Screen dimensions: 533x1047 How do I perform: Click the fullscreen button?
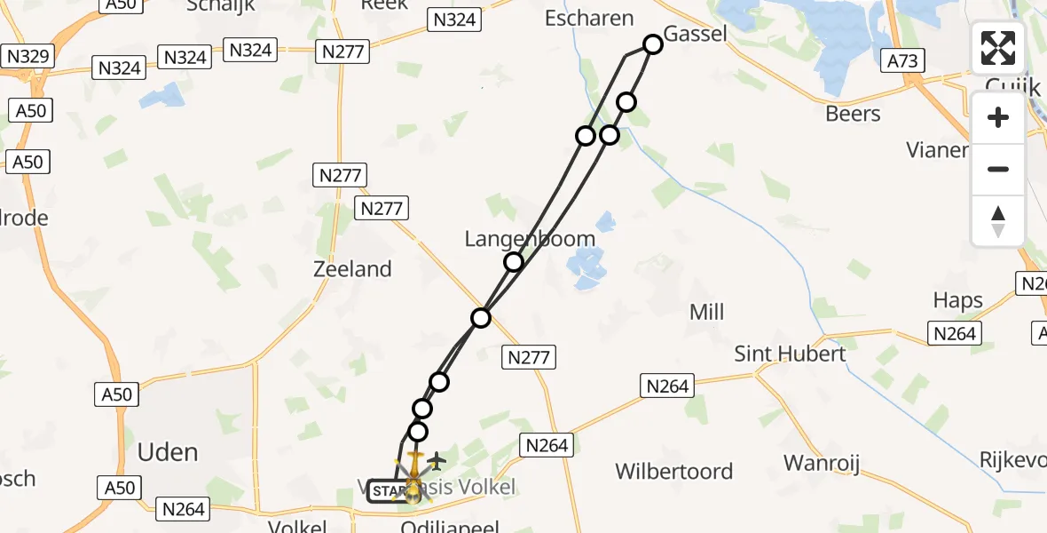click(x=998, y=48)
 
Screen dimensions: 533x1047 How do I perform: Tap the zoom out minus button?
click(x=998, y=169)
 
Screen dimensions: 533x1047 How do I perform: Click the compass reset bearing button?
click(x=998, y=220)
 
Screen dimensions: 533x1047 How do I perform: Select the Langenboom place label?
click(x=530, y=239)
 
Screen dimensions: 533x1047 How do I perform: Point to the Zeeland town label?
click(x=352, y=268)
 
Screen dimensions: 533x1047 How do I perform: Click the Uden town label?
click(x=168, y=452)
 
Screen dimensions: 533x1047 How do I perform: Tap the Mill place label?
click(x=706, y=312)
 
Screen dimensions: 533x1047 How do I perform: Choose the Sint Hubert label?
click(x=790, y=354)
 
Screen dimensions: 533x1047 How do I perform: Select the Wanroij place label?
click(x=822, y=463)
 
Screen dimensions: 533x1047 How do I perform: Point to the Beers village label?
click(x=853, y=114)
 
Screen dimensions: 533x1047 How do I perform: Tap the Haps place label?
click(x=958, y=300)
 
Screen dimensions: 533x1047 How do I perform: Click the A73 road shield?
click(x=903, y=60)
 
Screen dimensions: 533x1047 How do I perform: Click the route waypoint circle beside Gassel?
click(x=653, y=44)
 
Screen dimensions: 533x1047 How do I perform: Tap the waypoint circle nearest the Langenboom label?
click(x=514, y=262)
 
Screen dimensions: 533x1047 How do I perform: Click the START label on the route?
click(x=388, y=491)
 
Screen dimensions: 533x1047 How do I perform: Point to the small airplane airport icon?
click(x=436, y=461)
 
